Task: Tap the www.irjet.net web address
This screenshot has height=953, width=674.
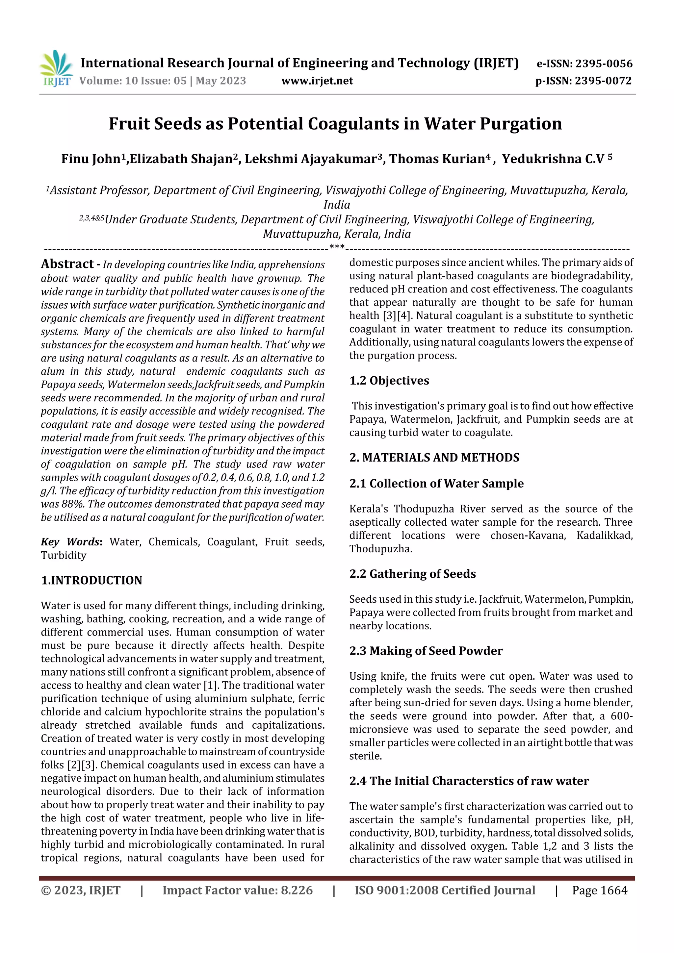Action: tap(317, 81)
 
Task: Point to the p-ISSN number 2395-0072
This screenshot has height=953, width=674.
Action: tap(603, 81)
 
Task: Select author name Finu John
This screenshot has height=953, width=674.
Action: tap(91, 159)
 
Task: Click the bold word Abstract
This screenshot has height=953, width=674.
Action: tap(67, 264)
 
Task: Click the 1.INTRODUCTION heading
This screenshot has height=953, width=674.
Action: tap(91, 580)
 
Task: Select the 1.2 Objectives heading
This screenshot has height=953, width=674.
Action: tap(389, 381)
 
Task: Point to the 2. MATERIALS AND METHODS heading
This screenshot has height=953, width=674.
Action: tap(434, 457)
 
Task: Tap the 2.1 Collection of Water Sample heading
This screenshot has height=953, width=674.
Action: tap(436, 484)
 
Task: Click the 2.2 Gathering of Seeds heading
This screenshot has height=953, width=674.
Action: tap(412, 574)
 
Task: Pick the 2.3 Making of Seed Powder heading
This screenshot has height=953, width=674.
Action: tap(426, 651)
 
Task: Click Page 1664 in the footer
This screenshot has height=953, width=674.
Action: tap(599, 890)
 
